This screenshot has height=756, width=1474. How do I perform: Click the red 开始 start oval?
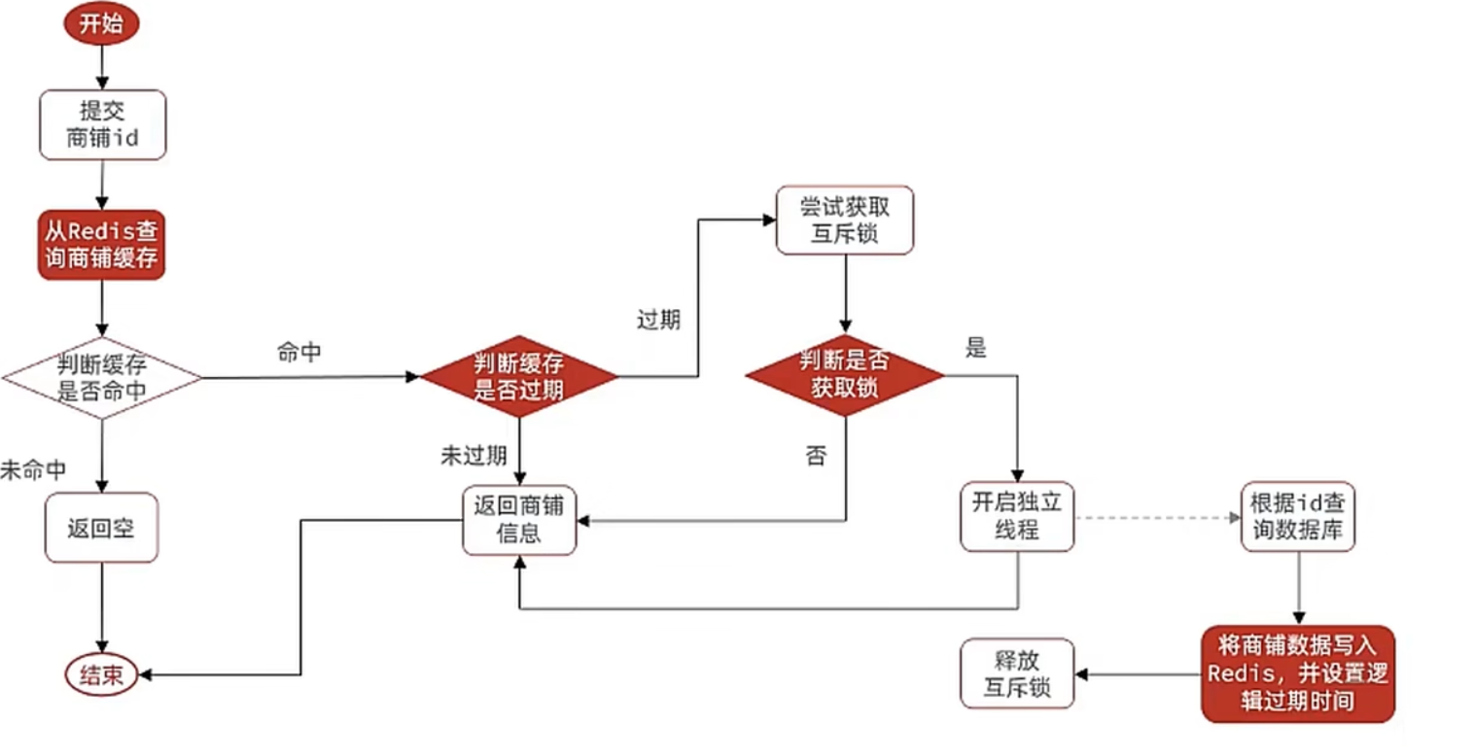[x=102, y=23]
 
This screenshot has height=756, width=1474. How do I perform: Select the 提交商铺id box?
[x=102, y=124]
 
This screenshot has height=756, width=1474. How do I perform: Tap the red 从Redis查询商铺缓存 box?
[x=102, y=246]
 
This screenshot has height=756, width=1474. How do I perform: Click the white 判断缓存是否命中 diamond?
[x=102, y=378]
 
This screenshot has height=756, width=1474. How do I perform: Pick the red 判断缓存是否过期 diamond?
[x=518, y=377]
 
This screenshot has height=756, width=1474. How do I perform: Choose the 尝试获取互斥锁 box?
[x=844, y=221]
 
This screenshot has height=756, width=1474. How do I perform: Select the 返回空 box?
[x=101, y=529]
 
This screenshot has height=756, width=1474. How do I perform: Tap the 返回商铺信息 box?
[x=519, y=521]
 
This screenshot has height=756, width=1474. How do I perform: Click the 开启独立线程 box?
[x=1018, y=517]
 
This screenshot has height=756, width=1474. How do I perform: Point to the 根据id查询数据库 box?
[x=1298, y=517]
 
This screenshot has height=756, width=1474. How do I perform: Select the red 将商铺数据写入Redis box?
[x=1298, y=673]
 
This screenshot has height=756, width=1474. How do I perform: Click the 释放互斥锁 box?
[x=1017, y=673]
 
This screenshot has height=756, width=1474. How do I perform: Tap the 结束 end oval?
[x=101, y=675]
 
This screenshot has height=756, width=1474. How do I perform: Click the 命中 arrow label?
[x=299, y=353]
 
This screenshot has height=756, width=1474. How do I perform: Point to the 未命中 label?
[x=33, y=470]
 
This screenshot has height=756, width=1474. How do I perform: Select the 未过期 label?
[x=474, y=456]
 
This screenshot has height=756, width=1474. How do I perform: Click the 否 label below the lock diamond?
[x=815, y=456]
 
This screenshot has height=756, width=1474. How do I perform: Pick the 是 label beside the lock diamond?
[x=975, y=348]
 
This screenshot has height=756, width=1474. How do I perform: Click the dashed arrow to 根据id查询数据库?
[x=1157, y=518]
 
